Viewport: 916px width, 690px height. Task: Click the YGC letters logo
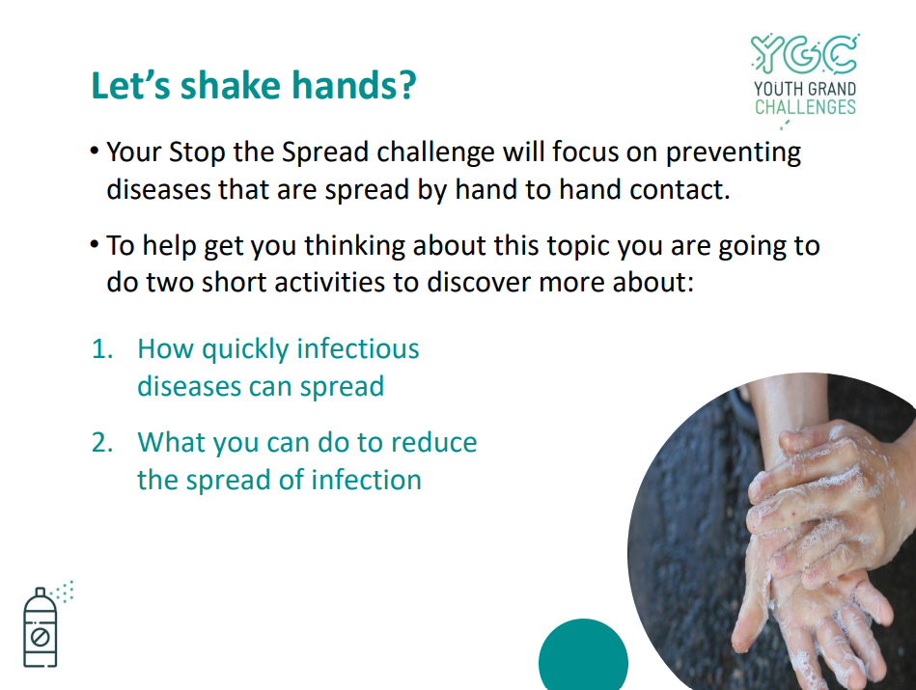click(x=804, y=54)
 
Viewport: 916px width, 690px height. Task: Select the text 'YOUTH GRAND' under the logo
click(x=805, y=89)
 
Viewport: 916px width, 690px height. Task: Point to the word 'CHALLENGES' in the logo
click(x=805, y=107)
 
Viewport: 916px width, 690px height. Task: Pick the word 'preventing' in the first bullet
click(x=734, y=153)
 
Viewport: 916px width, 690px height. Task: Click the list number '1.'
click(x=102, y=349)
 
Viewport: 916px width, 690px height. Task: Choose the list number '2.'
click(x=102, y=443)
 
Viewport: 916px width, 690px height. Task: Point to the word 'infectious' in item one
click(x=358, y=348)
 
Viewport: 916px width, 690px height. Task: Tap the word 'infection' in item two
click(x=366, y=480)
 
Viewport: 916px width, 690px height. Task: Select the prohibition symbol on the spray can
click(x=40, y=636)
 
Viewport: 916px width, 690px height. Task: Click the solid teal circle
click(x=583, y=655)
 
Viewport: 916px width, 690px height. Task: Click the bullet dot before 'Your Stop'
click(x=94, y=151)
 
